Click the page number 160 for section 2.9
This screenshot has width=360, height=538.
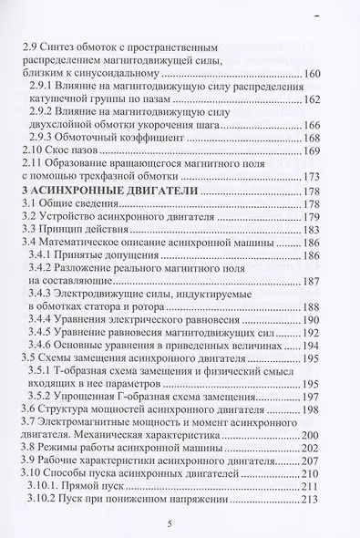coord(328,75)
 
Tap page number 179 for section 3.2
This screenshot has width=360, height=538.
coord(328,218)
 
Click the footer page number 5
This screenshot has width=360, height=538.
coord(182,525)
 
